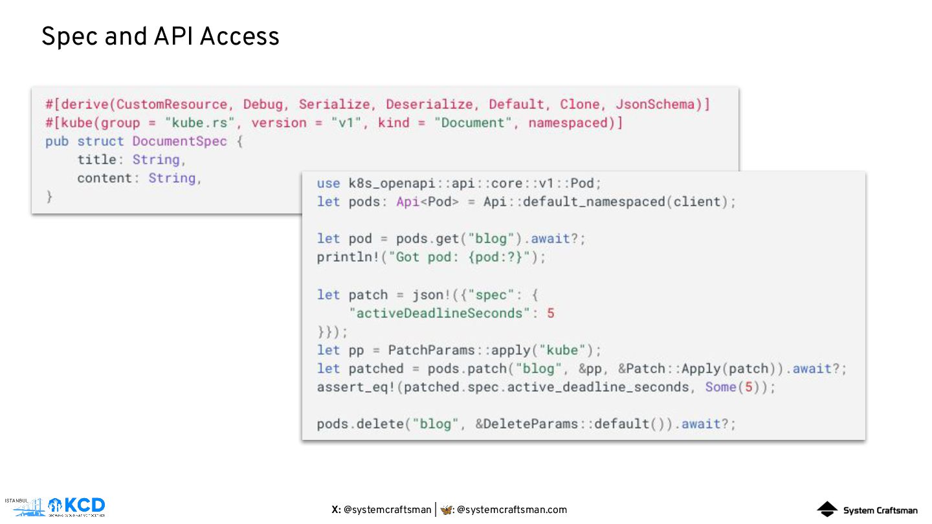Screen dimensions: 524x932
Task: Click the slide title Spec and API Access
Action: coord(160,37)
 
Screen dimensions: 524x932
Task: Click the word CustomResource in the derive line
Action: coord(172,104)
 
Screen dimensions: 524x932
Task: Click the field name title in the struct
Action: coord(96,160)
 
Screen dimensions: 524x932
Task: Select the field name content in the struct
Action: coord(104,178)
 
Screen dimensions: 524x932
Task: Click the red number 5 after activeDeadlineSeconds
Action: coord(551,313)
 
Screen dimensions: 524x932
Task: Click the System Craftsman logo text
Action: coord(880,510)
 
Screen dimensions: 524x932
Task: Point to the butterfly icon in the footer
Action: coord(446,510)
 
